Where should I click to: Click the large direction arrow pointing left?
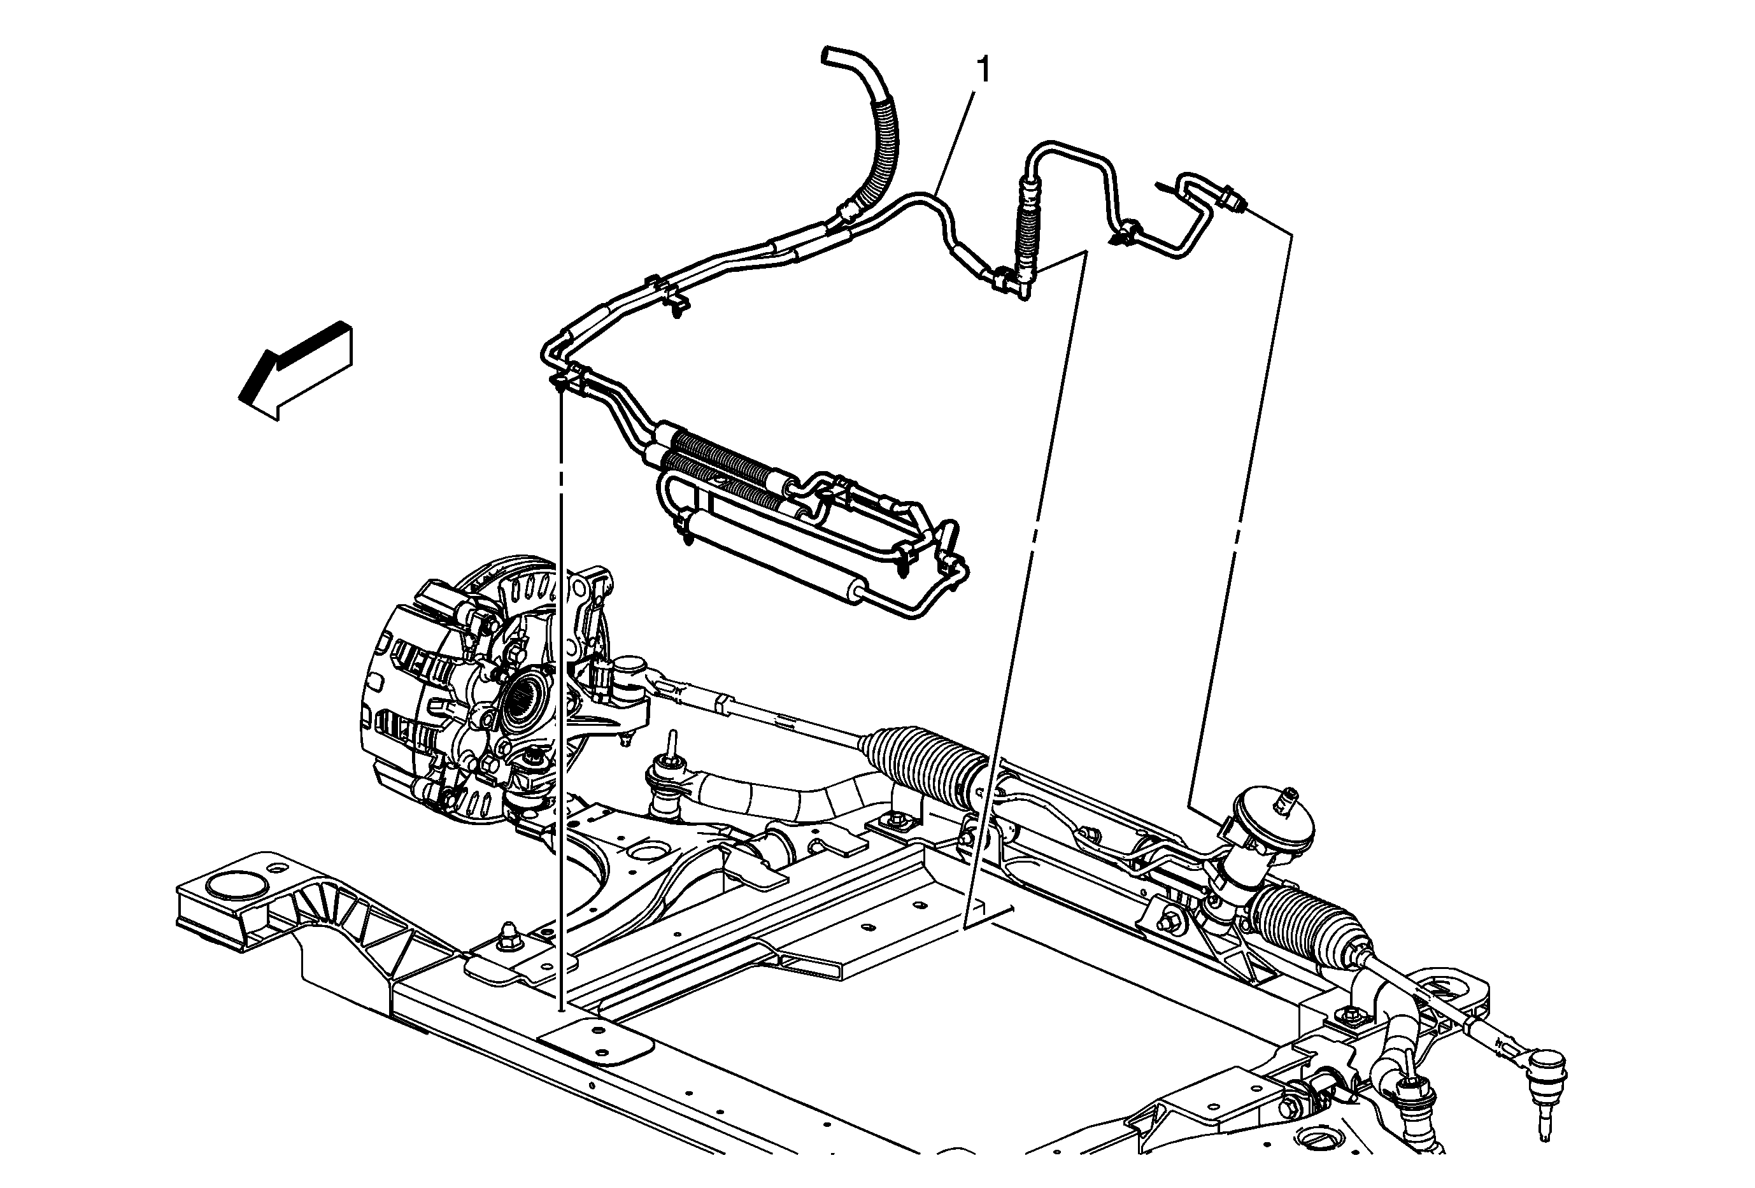coord(294,369)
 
